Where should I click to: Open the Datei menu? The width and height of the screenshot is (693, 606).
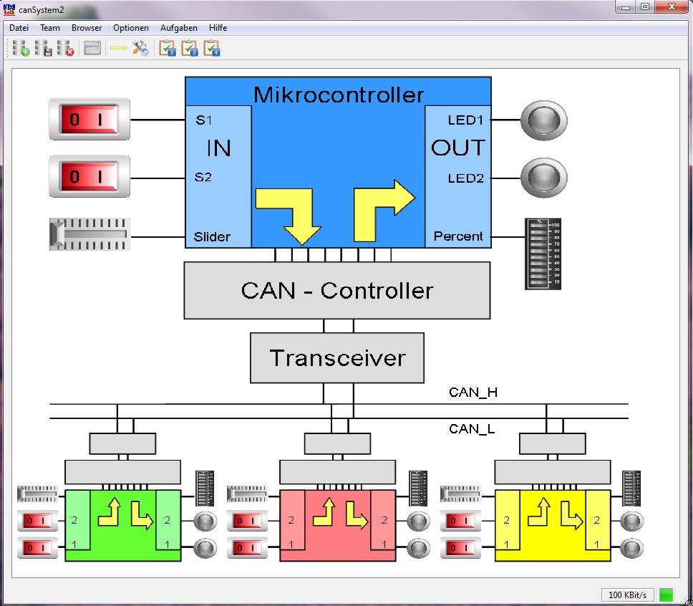[19, 28]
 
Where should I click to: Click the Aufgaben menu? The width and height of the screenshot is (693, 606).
[179, 28]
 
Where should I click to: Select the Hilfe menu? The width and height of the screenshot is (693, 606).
[218, 28]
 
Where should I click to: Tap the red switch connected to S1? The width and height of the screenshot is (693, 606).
[89, 119]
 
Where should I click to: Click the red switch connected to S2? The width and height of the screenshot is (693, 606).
[89, 176]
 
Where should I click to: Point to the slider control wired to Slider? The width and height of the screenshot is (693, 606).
[89, 234]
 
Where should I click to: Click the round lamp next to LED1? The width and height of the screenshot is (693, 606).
[543, 120]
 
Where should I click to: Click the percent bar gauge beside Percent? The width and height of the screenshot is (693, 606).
[543, 254]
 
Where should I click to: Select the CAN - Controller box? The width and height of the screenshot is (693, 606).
[337, 290]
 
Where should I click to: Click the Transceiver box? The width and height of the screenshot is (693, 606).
[337, 357]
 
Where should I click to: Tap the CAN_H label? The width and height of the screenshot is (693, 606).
[472, 392]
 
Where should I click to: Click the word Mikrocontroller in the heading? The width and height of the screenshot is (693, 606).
[339, 94]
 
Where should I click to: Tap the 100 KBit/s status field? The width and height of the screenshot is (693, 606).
[627, 595]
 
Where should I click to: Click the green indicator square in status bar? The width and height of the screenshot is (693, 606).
[667, 595]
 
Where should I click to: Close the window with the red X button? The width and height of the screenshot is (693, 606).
[672, 6]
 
